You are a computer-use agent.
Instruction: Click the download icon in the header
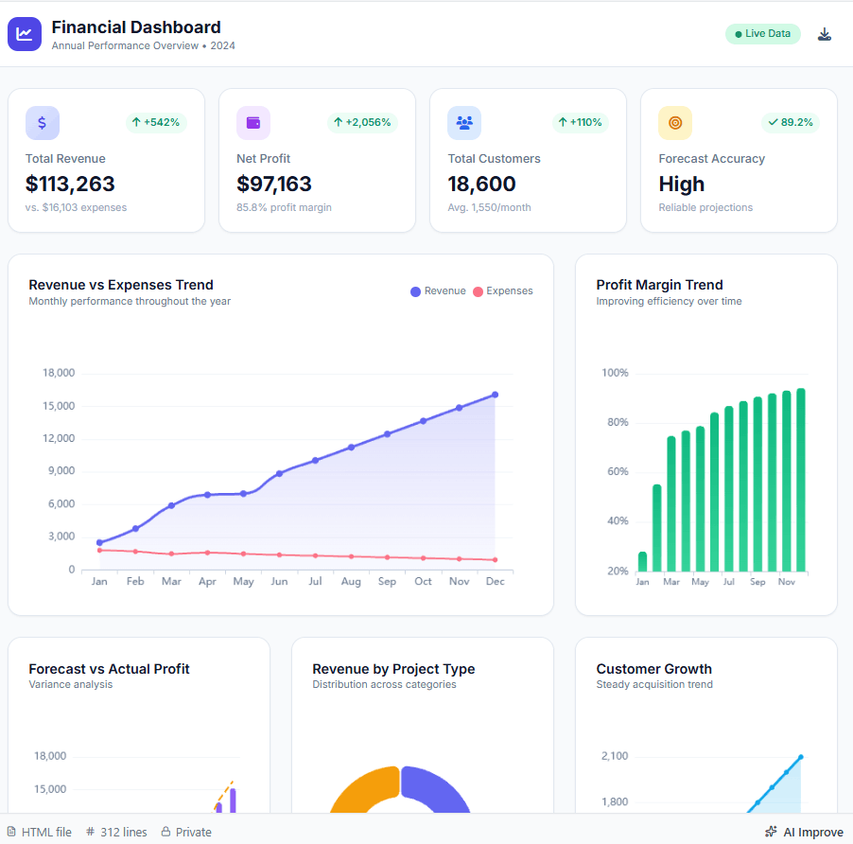pos(825,34)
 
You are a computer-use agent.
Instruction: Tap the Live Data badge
pos(762,34)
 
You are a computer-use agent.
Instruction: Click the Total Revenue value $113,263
pos(70,184)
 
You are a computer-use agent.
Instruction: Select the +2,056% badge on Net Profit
pos(362,122)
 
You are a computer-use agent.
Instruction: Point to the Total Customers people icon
pos(464,123)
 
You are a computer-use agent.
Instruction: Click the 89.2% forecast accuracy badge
pos(790,122)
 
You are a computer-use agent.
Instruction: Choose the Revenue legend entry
pos(438,291)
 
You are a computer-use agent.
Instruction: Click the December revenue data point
pos(495,395)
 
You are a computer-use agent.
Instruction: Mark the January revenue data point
pos(99,542)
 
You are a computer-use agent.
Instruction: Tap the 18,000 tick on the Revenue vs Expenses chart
pos(59,373)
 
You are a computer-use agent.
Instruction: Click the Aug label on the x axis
pos(351,581)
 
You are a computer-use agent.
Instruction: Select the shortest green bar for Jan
pos(643,562)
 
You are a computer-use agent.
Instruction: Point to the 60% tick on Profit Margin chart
pos(615,471)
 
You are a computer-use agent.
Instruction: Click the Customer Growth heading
pos(653,669)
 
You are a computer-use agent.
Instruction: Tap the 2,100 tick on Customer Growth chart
pos(614,756)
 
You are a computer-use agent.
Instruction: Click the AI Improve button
pos(803,833)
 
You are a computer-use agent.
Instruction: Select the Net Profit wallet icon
pos(253,123)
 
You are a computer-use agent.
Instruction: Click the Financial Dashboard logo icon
pos(25,34)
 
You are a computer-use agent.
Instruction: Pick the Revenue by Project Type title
pos(393,669)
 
